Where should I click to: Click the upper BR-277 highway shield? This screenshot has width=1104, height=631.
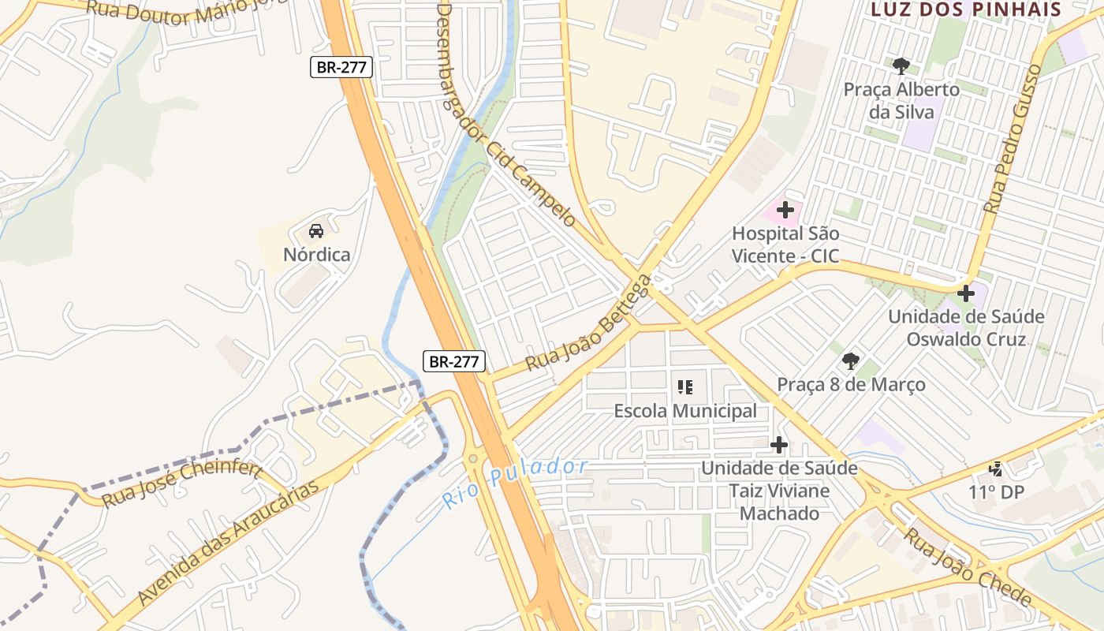(341, 67)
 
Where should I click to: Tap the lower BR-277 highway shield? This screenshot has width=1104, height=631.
(454, 361)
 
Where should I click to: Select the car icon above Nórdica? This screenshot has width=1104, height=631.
(316, 231)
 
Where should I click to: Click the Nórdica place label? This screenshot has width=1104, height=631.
(316, 255)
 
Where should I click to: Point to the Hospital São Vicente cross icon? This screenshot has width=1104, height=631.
(785, 210)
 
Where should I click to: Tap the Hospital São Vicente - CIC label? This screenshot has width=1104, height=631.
(785, 245)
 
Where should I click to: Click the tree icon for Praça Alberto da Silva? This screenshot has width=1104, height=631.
(901, 66)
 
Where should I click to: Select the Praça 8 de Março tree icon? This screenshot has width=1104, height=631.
(850, 361)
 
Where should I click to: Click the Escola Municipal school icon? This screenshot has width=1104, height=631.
(685, 387)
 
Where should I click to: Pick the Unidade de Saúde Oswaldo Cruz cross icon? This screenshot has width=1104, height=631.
(966, 293)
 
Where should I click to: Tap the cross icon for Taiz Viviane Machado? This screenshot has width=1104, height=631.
(779, 445)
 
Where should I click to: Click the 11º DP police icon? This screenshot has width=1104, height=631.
(997, 469)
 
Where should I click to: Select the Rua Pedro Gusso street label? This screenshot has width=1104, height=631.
(1013, 139)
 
